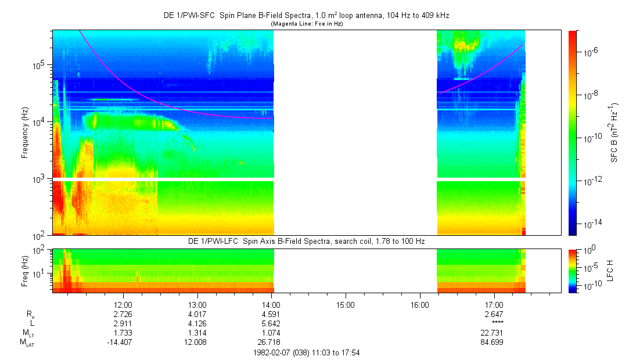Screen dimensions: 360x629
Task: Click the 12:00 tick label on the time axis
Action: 123,304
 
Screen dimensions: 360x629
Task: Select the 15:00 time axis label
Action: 346,304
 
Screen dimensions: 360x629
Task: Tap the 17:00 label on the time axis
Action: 494,304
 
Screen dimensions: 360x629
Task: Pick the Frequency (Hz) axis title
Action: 26,133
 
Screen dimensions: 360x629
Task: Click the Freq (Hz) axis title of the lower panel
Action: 26,270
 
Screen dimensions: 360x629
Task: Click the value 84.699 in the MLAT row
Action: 494,342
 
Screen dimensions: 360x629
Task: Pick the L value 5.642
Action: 271,323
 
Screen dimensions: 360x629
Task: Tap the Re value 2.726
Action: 123,314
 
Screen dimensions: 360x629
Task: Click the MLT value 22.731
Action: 494,333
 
